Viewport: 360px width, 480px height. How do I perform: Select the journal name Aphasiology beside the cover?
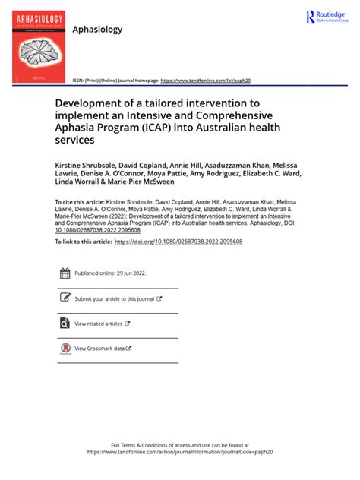click(96, 29)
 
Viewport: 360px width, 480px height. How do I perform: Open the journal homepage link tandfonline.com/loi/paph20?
click(206, 80)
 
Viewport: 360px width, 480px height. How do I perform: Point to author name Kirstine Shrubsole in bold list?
click(88, 164)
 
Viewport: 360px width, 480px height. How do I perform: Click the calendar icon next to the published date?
click(65, 273)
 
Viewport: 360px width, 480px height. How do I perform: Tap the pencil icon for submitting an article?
click(65, 298)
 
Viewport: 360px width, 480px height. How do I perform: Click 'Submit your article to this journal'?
click(114, 299)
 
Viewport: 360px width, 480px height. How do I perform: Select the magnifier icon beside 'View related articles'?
click(65, 324)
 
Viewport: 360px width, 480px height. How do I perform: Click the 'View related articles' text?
click(98, 324)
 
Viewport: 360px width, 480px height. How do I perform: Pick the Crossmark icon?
click(65, 349)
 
